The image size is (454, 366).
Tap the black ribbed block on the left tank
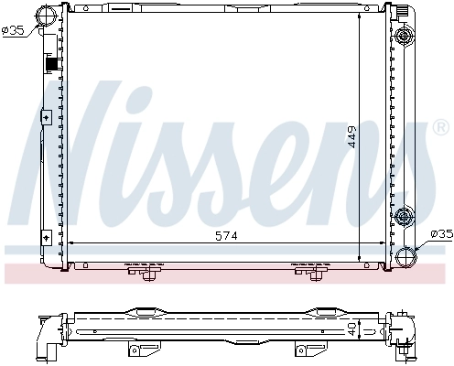[x=51, y=67]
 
